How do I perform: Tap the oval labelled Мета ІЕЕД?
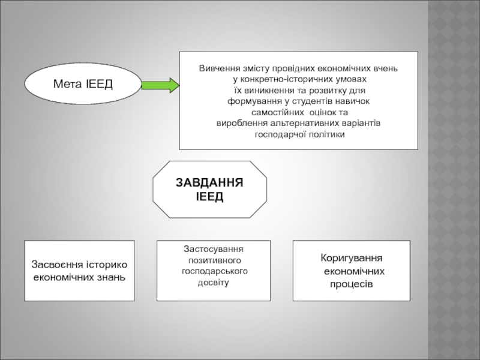point(83,85)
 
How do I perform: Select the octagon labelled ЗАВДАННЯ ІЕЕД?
point(209,190)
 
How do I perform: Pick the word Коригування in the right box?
point(351,259)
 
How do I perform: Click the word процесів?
point(351,283)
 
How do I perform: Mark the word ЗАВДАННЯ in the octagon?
point(209,183)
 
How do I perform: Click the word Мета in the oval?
point(67,85)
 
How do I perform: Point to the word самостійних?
point(278,112)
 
